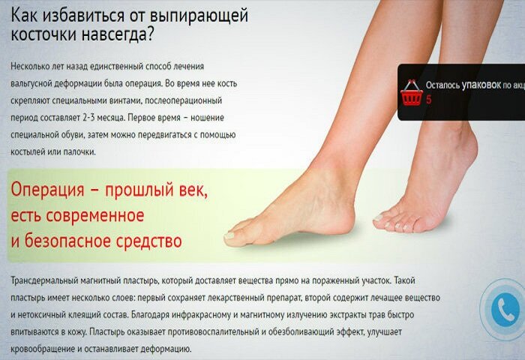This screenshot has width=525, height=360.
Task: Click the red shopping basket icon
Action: point(412,93)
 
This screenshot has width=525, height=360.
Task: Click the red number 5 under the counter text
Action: point(428,100)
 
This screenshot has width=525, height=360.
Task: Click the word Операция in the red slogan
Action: point(47,190)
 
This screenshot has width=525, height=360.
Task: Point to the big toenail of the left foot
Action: point(229,235)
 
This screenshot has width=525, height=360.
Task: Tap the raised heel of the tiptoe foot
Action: point(466,144)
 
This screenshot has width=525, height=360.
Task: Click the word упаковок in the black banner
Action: point(481,85)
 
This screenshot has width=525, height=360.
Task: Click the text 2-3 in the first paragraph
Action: point(88,118)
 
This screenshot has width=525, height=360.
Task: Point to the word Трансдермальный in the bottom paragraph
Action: point(44,280)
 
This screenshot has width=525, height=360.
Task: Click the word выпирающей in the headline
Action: point(199,16)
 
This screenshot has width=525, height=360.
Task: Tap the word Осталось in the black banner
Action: point(442,85)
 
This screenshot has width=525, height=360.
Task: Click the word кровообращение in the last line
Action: point(43,349)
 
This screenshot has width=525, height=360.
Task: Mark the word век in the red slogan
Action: point(196,190)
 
